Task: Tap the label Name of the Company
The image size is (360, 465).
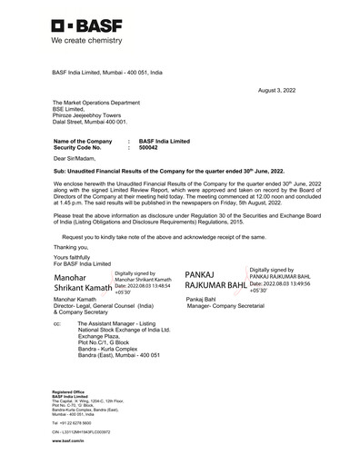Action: pyautogui.click(x=83, y=141)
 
